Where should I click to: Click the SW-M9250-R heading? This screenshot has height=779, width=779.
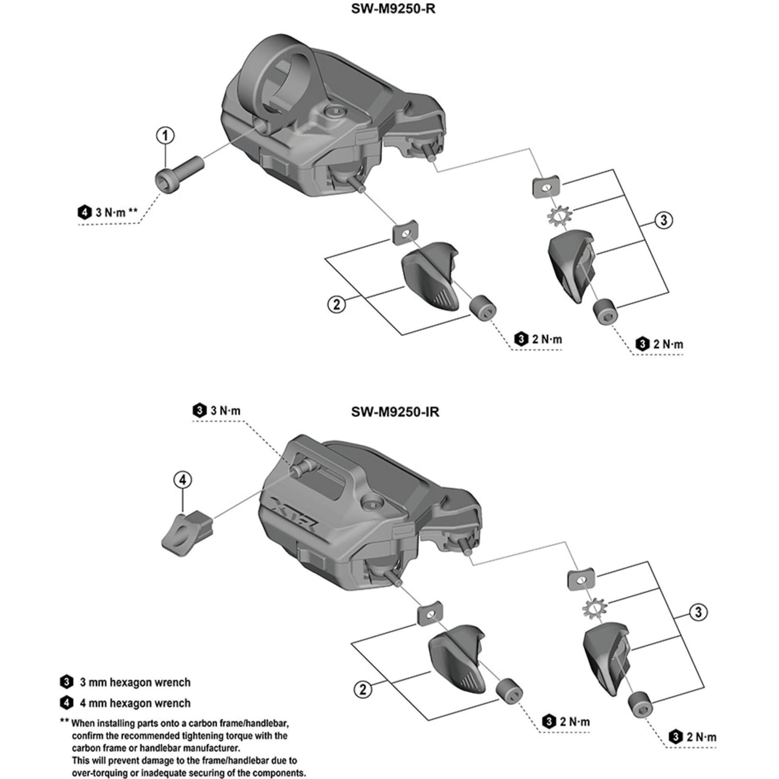pyautogui.click(x=393, y=9)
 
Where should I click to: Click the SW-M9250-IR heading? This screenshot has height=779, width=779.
pyautogui.click(x=395, y=412)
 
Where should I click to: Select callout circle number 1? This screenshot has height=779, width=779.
pyautogui.click(x=165, y=136)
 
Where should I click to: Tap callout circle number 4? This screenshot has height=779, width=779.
pyautogui.click(x=183, y=480)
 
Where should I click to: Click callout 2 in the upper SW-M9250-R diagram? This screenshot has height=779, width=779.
pyautogui.click(x=337, y=305)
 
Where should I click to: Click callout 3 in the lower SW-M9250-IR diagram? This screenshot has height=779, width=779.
pyautogui.click(x=698, y=612)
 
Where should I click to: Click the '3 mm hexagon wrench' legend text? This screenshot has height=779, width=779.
pyautogui.click(x=135, y=682)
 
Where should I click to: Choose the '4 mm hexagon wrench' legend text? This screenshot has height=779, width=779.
pyautogui.click(x=135, y=703)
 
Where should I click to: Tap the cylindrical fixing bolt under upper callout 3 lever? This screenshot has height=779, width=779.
pyautogui.click(x=605, y=312)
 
